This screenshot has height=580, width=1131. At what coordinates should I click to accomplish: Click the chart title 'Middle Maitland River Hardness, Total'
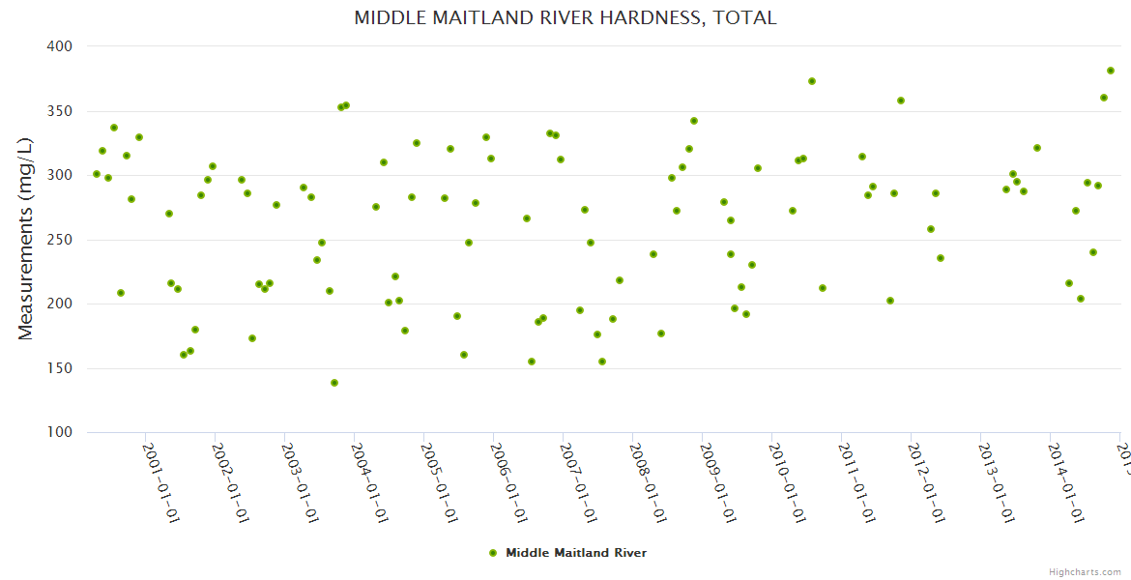click(x=565, y=17)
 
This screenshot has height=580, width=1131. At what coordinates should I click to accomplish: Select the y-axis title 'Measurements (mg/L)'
click(x=26, y=238)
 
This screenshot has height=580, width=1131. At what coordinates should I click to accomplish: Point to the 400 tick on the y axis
click(x=61, y=46)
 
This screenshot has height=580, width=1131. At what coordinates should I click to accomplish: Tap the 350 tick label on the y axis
click(x=61, y=111)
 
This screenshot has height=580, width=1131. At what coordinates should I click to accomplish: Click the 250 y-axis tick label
click(x=61, y=240)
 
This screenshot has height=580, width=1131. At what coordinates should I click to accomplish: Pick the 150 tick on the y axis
click(x=61, y=368)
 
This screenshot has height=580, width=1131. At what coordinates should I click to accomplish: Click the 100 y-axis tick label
click(x=61, y=432)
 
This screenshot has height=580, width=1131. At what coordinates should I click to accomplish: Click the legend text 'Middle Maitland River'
click(x=576, y=553)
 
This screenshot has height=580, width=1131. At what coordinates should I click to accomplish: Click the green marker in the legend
click(x=493, y=553)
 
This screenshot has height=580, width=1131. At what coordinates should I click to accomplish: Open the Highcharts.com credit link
click(x=1085, y=571)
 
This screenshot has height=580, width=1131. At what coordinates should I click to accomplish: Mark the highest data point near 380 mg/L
click(x=1111, y=71)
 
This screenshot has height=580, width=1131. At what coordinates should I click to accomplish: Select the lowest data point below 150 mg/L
click(x=334, y=383)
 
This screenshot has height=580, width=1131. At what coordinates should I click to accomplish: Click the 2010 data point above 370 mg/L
click(x=812, y=81)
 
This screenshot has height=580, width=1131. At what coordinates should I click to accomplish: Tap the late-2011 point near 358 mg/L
click(x=901, y=101)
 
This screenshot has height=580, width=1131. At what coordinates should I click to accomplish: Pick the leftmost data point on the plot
click(x=97, y=174)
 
